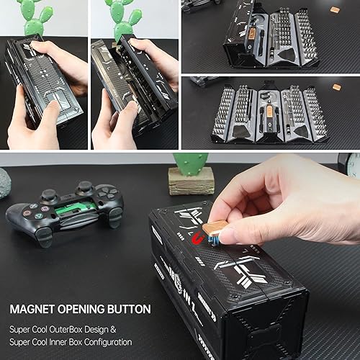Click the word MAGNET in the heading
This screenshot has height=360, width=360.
coord(33,309)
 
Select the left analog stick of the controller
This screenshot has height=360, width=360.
coord(50,195)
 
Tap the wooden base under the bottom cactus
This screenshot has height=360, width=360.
coord(191,181)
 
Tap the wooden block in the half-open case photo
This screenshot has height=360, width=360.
coord(336,9)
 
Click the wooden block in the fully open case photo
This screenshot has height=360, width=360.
coord(337,86)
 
